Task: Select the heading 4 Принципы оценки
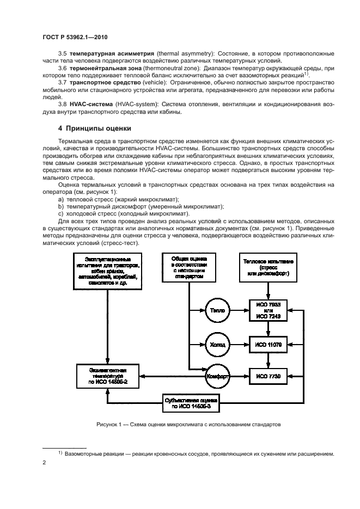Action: click(95, 128)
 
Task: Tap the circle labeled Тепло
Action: click(216, 310)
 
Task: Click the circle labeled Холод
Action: click(216, 344)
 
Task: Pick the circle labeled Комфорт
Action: click(216, 377)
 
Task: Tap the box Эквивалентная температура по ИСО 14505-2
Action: click(108, 376)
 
